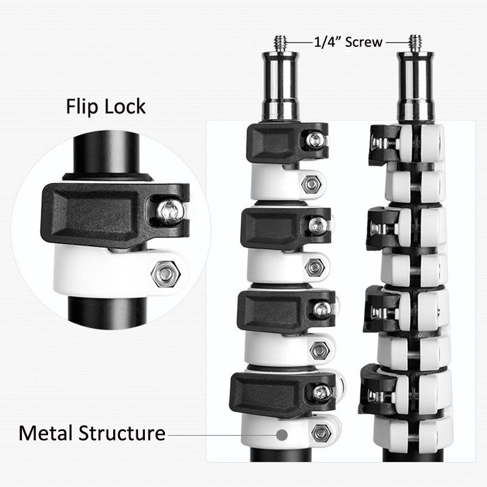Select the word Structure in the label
click(122, 433)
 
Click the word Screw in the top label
click(363, 42)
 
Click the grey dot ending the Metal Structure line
click(282, 435)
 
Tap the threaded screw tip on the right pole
click(415, 43)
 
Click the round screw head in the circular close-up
click(170, 212)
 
